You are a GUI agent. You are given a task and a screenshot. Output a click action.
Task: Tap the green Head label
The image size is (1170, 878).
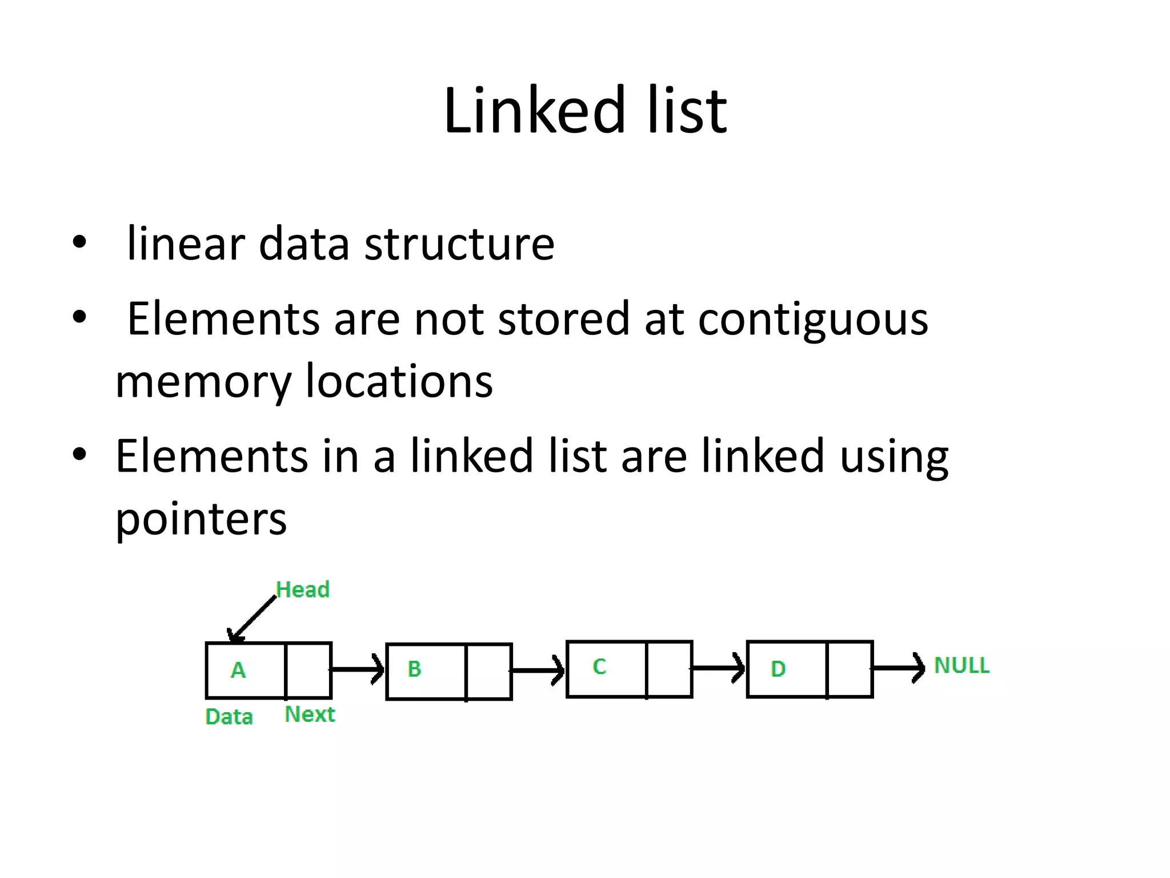click(303, 589)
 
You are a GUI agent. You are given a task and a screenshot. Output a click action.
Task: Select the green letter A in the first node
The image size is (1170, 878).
click(238, 670)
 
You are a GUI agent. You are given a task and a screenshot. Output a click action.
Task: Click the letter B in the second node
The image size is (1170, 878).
click(414, 669)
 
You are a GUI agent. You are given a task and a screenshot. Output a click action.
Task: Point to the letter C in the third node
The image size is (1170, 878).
click(599, 667)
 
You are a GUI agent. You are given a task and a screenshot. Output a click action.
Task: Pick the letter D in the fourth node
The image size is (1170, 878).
click(778, 669)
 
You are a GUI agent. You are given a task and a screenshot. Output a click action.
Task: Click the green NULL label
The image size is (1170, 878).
click(961, 665)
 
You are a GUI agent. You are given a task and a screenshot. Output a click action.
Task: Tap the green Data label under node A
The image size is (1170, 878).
click(229, 717)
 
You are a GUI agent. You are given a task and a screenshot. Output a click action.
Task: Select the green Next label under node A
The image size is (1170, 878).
click(310, 715)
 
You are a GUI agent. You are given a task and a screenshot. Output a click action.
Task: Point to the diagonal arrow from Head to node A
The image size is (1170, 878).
click(253, 620)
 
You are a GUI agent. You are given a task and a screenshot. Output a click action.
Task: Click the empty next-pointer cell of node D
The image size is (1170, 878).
click(850, 669)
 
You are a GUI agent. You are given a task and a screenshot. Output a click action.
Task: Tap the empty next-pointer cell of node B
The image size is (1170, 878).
click(489, 671)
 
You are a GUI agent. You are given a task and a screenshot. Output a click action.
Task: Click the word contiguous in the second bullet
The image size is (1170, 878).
click(814, 319)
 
